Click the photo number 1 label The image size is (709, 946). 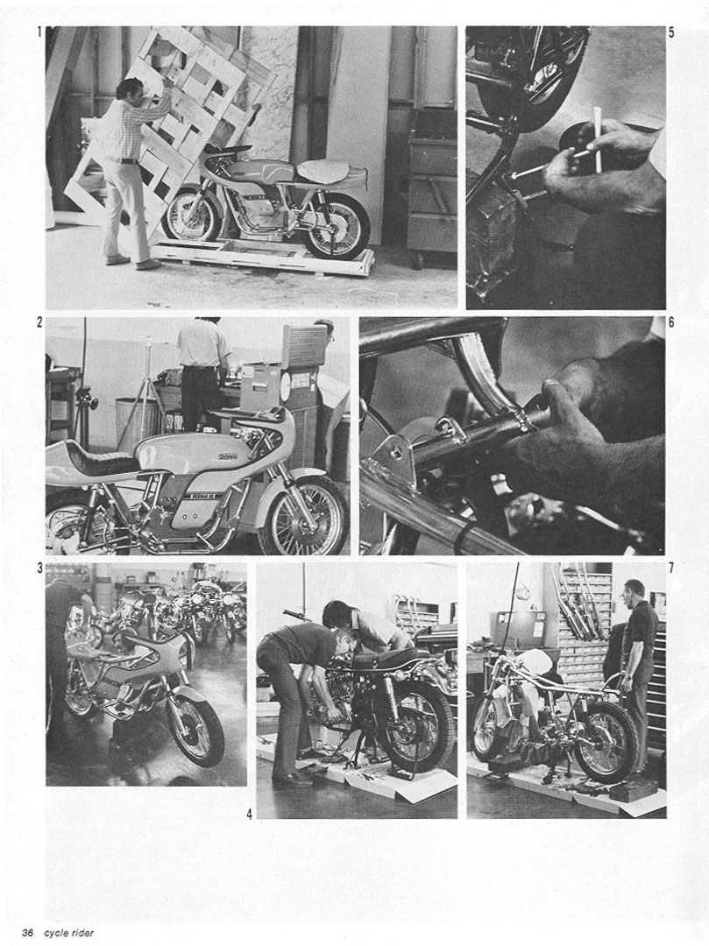coord(40,32)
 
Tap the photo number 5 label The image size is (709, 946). coord(671,32)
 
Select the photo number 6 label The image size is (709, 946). coord(671,322)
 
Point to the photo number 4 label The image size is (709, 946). coord(249,815)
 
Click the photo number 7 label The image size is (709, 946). coord(671,568)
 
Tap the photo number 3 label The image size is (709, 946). coord(39,568)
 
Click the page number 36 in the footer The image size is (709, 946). coord(27,933)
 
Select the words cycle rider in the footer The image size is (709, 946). coord(68,933)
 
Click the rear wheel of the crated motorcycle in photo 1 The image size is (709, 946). coord(336,227)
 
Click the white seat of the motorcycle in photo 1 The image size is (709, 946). coord(323,171)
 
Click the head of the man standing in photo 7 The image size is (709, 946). coord(635,591)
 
